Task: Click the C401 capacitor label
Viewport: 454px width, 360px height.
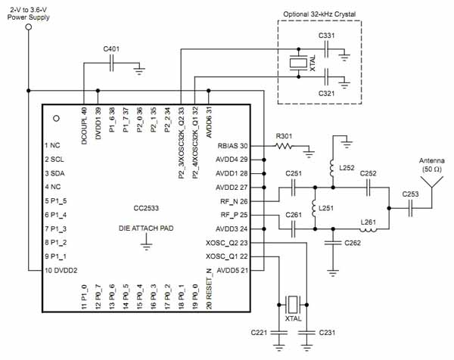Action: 112,49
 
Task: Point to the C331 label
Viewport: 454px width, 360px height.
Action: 327,36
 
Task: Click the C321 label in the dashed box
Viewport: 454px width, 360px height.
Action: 327,92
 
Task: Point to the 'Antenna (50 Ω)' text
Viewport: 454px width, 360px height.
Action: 432,165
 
